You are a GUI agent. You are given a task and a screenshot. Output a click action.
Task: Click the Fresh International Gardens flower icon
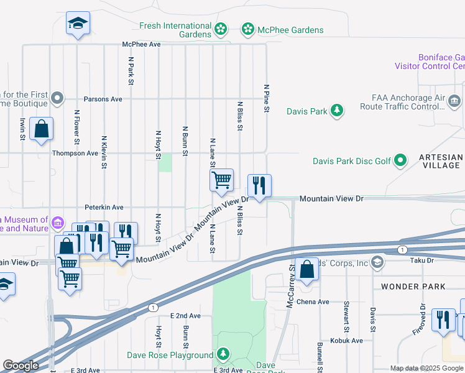(221, 29)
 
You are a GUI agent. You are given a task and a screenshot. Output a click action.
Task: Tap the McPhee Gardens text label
(291, 30)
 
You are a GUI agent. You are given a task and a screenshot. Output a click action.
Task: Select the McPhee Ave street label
(141, 45)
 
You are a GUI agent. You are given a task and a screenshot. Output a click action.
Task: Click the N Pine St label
(266, 99)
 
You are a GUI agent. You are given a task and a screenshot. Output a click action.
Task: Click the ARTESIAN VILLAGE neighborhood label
(441, 162)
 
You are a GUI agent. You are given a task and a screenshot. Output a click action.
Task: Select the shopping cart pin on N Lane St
(221, 181)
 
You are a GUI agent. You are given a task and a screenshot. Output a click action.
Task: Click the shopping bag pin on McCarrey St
(307, 270)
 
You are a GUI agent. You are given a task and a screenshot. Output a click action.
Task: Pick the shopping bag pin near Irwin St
(41, 130)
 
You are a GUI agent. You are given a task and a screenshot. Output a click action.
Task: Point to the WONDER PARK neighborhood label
(413, 287)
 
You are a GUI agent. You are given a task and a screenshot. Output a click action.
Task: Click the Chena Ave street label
(315, 302)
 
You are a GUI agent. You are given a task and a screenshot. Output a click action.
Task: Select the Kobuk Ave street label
(348, 341)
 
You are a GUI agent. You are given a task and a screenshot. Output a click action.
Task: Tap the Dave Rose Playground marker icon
(223, 355)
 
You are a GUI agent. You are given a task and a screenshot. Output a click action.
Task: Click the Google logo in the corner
(21, 366)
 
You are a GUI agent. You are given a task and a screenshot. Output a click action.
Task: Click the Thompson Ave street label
(75, 153)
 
